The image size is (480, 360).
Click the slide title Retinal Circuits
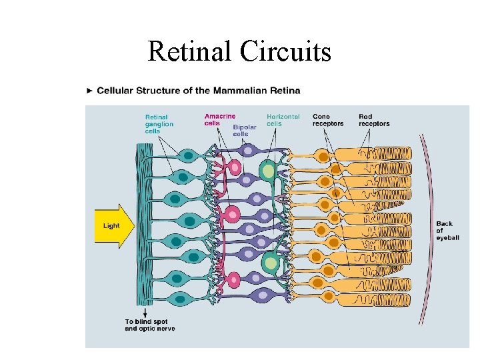pyautogui.click(x=239, y=51)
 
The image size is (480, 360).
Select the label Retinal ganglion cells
pyautogui.click(x=159, y=124)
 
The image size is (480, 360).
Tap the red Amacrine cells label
pyautogui.click(x=219, y=119)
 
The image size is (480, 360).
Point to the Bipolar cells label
pyautogui.click(x=245, y=130)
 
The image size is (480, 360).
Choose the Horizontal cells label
pyautogui.click(x=283, y=120)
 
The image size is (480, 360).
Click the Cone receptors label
pyautogui.click(x=328, y=120)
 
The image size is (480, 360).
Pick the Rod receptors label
pyautogui.click(x=374, y=120)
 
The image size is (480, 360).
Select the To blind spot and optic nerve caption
pyautogui.click(x=150, y=325)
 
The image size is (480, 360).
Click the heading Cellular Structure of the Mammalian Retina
pyautogui.click(x=199, y=91)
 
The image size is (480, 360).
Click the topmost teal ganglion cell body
pyautogui.click(x=189, y=156)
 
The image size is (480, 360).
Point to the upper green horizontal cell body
pyautogui.click(x=267, y=171)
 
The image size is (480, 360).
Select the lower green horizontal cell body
pyautogui.click(x=270, y=263)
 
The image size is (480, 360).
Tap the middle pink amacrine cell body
pyautogui.click(x=232, y=215)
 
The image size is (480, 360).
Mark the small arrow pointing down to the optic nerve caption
pyautogui.click(x=145, y=313)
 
